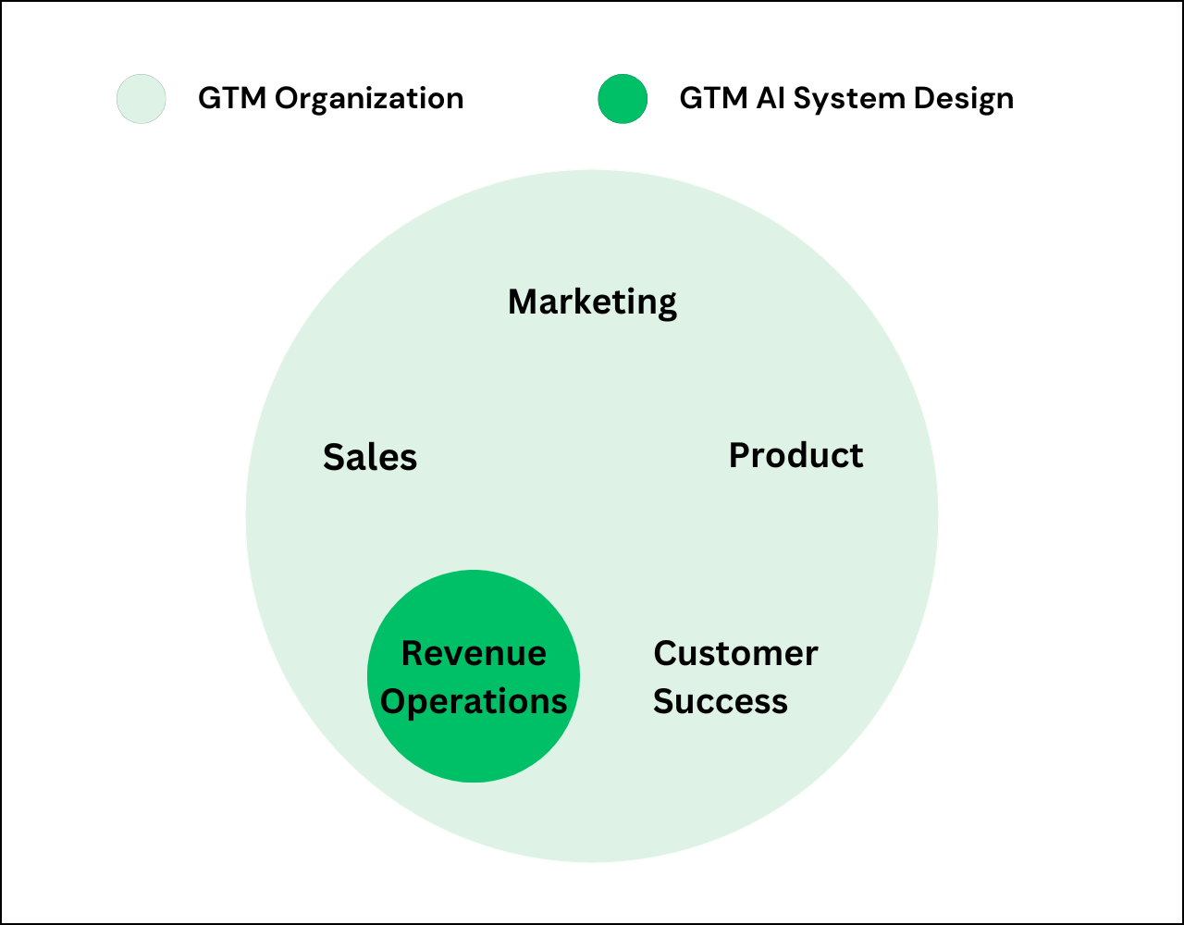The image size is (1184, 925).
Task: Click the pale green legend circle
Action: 142,99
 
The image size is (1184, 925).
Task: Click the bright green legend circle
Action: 623,99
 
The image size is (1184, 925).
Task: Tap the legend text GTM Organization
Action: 331,99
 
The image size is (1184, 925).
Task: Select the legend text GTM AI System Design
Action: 846,100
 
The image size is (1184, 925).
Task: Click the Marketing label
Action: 592,302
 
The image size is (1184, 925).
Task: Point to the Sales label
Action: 370,457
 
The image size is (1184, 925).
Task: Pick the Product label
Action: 796,455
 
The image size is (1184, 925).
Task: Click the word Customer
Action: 735,653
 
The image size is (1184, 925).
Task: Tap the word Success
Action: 721,700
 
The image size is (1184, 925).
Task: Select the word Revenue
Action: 474,653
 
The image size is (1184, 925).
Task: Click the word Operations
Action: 474,702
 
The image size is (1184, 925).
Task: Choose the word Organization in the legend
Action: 369,99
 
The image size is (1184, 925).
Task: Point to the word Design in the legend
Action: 964,100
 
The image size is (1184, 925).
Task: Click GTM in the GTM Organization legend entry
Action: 232,99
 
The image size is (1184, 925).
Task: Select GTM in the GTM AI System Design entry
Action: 714,99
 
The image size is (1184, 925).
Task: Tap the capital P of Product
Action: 739,455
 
